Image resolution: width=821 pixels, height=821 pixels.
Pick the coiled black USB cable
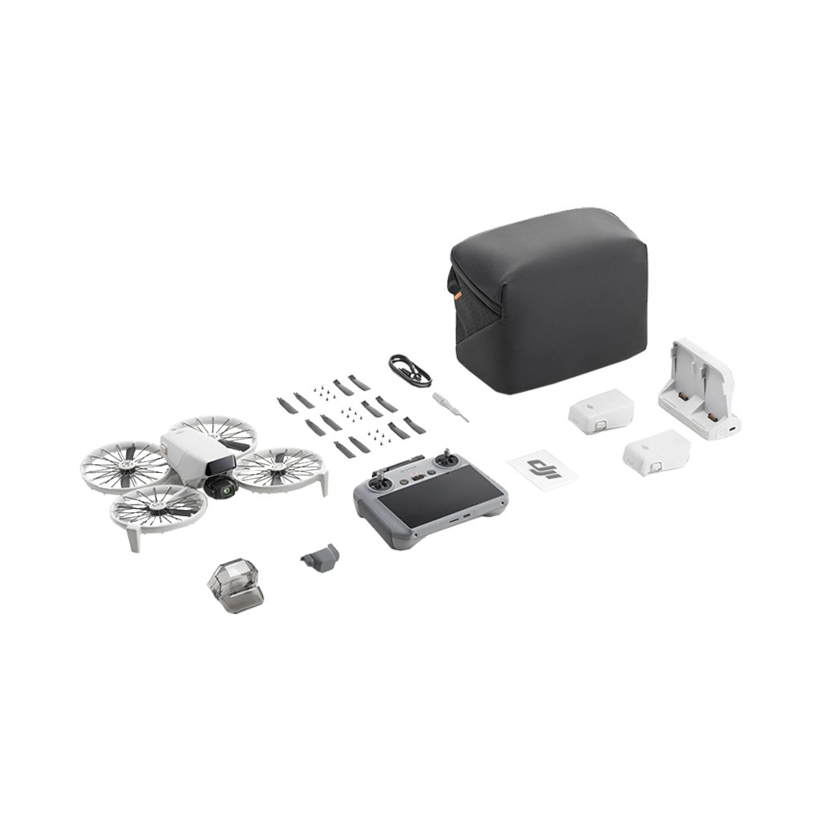[410, 370]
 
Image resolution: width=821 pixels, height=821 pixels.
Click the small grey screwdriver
[450, 406]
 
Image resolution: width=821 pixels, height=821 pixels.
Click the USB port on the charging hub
[731, 431]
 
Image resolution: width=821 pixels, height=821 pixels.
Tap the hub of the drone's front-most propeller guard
[155, 508]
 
